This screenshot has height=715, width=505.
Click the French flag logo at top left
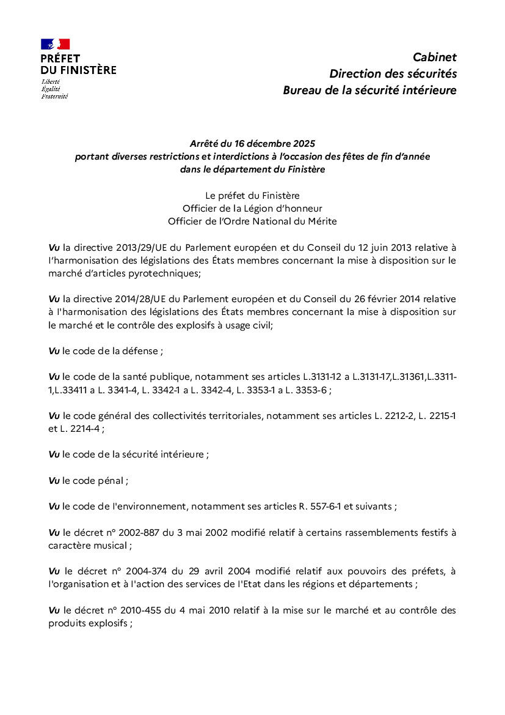[55, 44]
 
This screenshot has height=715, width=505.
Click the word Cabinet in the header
[434, 57]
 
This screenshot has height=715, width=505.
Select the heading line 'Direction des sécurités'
[393, 74]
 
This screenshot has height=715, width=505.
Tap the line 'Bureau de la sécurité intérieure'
[369, 91]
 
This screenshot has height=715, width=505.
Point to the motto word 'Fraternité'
[54, 96]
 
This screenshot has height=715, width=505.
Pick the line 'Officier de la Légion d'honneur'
[252, 209]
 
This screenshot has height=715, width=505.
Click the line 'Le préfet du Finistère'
[252, 196]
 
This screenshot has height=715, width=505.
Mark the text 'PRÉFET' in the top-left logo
[60, 59]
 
